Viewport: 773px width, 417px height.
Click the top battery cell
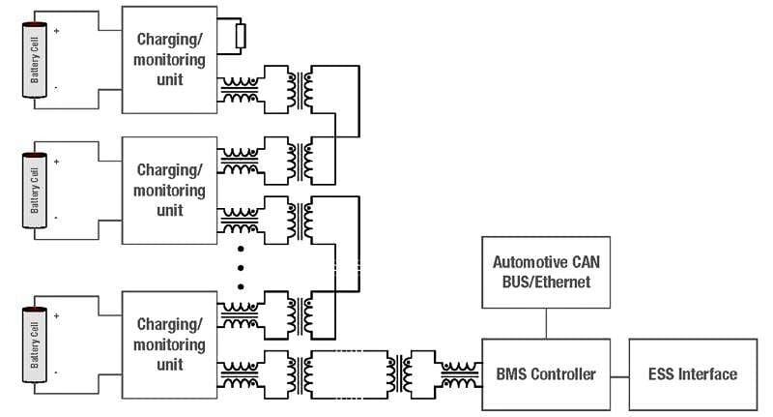point(36,60)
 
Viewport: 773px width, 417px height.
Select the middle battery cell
point(36,189)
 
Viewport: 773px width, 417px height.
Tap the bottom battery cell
point(36,345)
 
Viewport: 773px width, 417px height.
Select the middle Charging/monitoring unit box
point(169,190)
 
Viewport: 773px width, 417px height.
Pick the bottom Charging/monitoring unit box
point(169,344)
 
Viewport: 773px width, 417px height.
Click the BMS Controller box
point(546,373)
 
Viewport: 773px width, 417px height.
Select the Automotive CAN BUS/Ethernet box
point(547,272)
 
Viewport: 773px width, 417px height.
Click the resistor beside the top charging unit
point(241,36)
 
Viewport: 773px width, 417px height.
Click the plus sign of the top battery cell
point(56,31)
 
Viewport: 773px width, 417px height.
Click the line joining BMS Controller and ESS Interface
point(619,373)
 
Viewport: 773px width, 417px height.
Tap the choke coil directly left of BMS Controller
point(459,373)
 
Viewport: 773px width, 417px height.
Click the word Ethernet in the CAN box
point(574,282)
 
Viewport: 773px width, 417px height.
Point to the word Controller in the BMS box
point(564,373)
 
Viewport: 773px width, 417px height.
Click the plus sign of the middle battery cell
point(56,162)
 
